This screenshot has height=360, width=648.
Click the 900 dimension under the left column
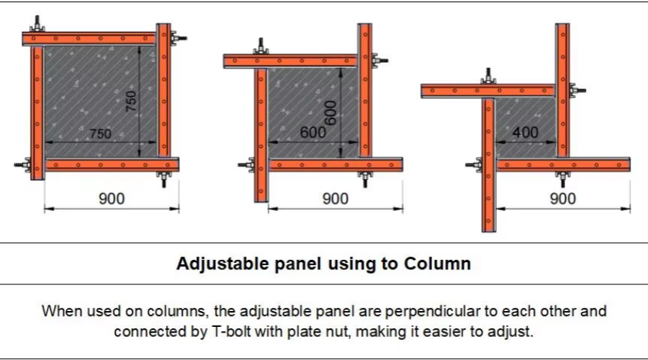111,198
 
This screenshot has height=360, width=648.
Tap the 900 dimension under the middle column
335,198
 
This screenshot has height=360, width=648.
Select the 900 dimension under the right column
563,198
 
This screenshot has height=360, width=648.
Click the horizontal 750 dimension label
101,133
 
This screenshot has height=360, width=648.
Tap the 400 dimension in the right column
526,132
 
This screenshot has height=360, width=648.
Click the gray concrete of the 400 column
526,115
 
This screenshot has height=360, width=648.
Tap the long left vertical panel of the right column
489,166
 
